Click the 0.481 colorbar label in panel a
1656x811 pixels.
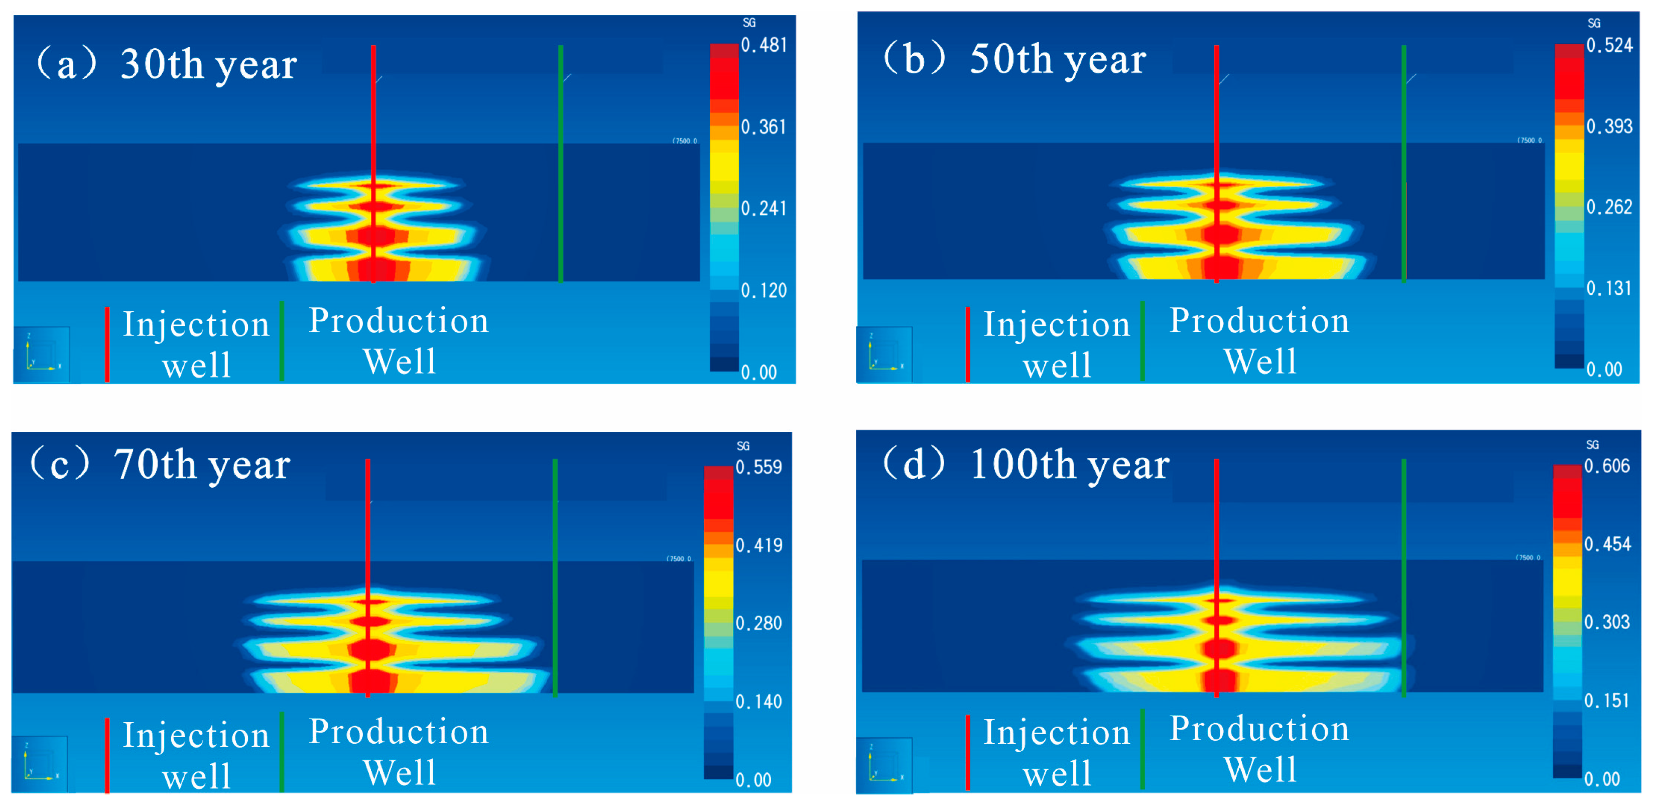click(763, 45)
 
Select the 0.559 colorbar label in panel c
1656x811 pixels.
click(758, 467)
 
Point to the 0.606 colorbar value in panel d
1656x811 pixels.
click(1606, 466)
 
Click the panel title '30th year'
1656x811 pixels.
click(208, 64)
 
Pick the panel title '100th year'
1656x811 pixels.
click(1069, 465)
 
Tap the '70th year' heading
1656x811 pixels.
click(202, 465)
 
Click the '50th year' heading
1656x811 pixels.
click(1058, 60)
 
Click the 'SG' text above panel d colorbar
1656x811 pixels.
click(1592, 444)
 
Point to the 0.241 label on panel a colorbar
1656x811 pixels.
click(763, 208)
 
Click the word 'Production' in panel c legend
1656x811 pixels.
click(399, 732)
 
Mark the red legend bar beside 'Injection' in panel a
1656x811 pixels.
click(107, 344)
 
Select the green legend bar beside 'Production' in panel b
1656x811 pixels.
click(1142, 341)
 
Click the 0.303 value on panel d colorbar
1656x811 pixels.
click(1606, 622)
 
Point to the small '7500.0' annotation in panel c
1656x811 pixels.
click(679, 558)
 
